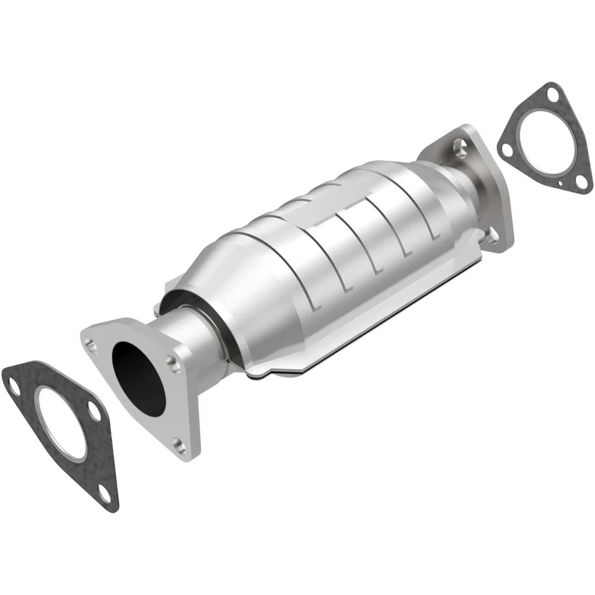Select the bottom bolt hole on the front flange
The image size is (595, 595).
point(179,444)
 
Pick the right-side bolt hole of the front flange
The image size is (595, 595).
point(175,365)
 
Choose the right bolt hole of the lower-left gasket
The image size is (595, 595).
point(93,412)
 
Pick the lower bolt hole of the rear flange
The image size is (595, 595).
point(493,235)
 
